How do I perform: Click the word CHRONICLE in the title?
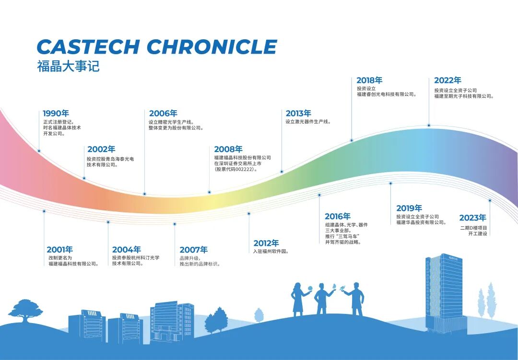212,46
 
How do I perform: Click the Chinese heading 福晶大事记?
68,66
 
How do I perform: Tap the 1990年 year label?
56,113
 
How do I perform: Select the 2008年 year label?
228,149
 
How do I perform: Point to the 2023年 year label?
473,218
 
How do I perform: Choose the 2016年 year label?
338,216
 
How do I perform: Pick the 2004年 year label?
127,250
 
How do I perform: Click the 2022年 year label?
447,80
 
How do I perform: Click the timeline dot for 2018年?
352,140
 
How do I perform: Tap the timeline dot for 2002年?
84,178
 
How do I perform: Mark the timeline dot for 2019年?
390,183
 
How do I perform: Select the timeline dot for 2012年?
249,214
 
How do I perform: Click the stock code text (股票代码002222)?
236,169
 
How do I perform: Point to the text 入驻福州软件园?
271,251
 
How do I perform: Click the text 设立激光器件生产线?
308,122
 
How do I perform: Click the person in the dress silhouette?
298,299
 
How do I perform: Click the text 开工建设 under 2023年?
477,233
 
